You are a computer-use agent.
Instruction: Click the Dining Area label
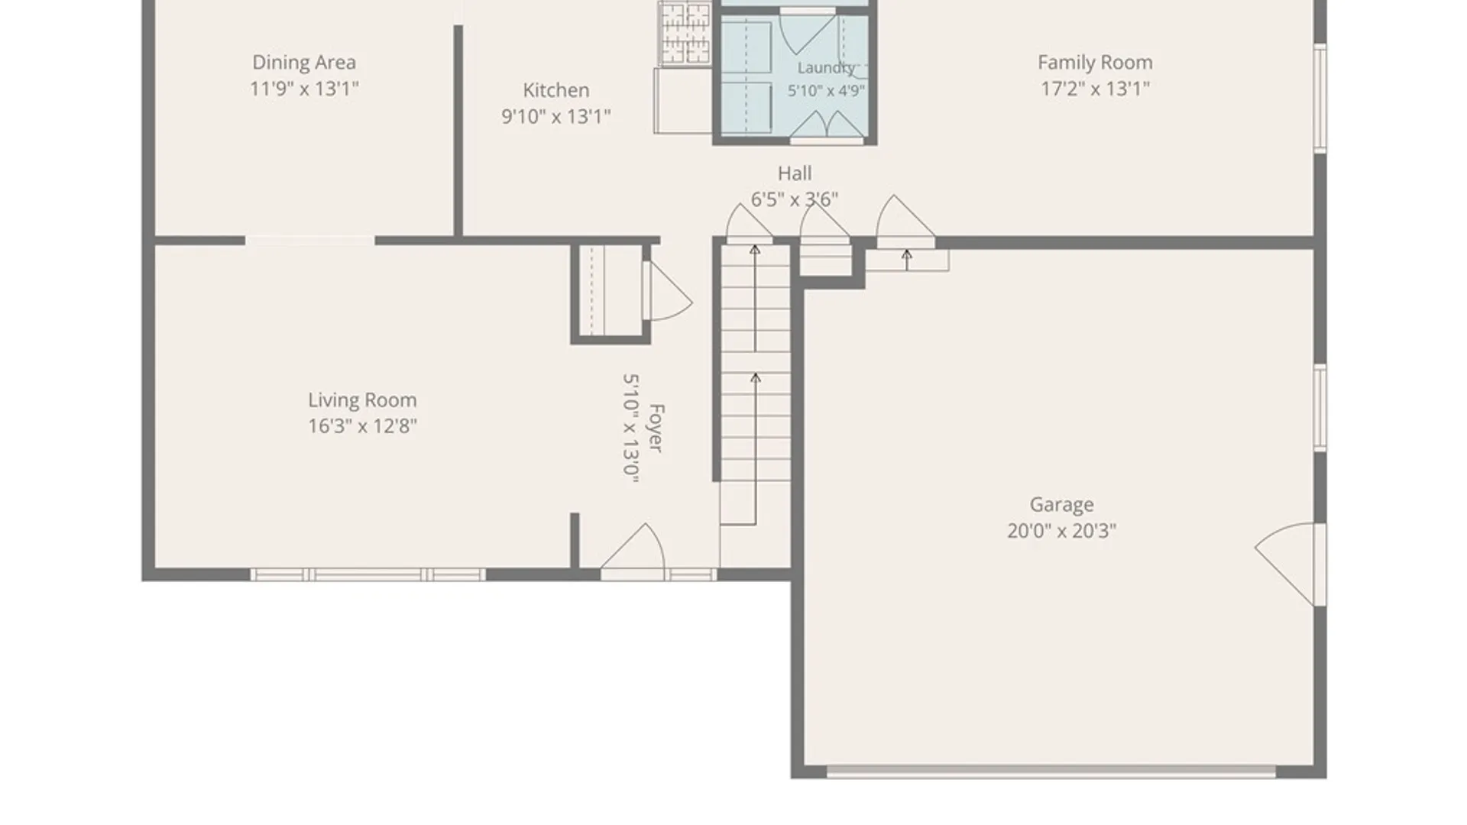[304, 63]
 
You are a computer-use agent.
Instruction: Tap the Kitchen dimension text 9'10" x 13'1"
[556, 117]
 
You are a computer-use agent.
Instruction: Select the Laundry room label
[826, 68]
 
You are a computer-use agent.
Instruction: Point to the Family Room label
[1095, 63]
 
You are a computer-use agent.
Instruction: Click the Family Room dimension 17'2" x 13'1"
[1095, 89]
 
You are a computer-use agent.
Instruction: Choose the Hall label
[795, 173]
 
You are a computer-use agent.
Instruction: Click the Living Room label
[362, 400]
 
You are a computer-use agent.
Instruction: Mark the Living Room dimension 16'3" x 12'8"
[362, 426]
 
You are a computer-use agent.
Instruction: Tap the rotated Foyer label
[656, 429]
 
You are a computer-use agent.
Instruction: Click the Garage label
[1061, 505]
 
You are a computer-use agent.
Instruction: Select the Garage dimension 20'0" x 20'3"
[1061, 531]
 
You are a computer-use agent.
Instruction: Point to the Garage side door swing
[1289, 564]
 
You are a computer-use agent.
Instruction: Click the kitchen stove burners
[685, 34]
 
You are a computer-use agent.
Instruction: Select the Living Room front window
[368, 574]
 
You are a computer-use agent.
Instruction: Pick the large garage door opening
[1051, 772]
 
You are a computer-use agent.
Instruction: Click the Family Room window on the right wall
[1320, 98]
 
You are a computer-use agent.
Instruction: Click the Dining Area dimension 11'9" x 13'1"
[304, 89]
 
